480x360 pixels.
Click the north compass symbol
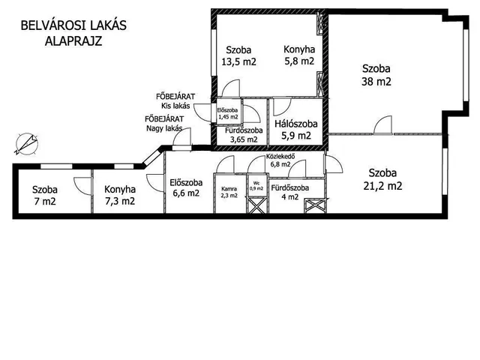point(27,143)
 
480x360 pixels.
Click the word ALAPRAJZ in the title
point(73,40)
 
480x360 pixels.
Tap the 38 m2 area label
point(376,82)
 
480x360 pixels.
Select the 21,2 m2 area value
point(382,185)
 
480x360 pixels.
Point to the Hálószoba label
point(296,124)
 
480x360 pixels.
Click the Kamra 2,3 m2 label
point(229,192)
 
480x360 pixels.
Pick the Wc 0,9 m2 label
point(256,186)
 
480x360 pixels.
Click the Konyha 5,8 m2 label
point(299,55)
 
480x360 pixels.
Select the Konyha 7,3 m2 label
point(120,195)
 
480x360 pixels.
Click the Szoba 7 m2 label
point(45,195)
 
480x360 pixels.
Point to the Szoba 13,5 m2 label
point(238,55)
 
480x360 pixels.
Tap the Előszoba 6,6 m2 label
point(186,187)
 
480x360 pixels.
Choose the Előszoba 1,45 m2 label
point(228,113)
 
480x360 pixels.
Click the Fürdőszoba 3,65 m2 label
point(244,135)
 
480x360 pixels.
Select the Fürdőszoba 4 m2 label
point(290,192)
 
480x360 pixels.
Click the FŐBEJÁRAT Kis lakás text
point(175,101)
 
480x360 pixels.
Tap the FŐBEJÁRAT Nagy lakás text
point(164,124)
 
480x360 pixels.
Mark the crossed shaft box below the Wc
point(256,205)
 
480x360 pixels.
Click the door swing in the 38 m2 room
point(382,125)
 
